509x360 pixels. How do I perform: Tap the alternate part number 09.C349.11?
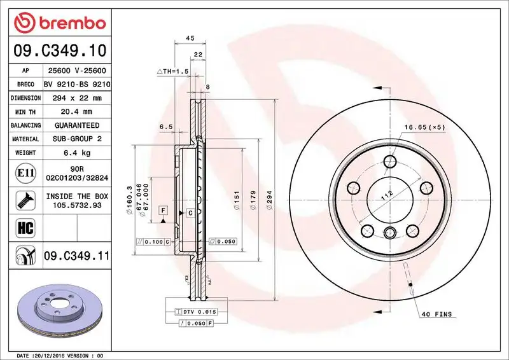click(76, 256)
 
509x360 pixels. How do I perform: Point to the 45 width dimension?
click(189, 38)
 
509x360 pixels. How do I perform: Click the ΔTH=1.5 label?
click(173, 72)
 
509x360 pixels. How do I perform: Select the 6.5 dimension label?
click(166, 127)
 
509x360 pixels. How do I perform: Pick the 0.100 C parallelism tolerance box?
click(153, 242)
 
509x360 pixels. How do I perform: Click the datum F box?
click(164, 210)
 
